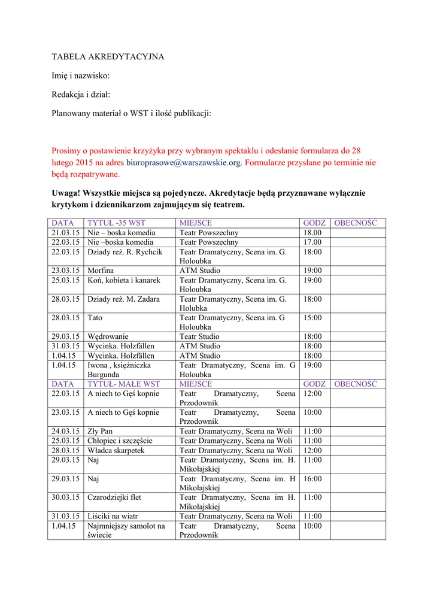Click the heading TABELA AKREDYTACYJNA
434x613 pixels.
108,57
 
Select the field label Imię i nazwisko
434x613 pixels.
80,75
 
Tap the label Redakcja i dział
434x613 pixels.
81,94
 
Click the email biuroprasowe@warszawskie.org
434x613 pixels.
183,162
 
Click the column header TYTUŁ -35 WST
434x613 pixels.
116,223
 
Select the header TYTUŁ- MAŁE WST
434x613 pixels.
123,384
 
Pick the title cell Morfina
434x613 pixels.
101,271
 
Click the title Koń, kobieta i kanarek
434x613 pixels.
123,280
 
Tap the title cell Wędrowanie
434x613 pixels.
108,336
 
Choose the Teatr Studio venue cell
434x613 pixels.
199,336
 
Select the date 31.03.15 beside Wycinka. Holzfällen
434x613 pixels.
66,346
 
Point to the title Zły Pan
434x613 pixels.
100,431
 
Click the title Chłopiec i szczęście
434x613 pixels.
120,441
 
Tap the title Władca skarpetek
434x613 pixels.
116,450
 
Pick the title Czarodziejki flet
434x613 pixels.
114,497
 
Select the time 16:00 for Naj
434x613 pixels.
312,478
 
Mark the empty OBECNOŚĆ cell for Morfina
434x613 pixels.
358,271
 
